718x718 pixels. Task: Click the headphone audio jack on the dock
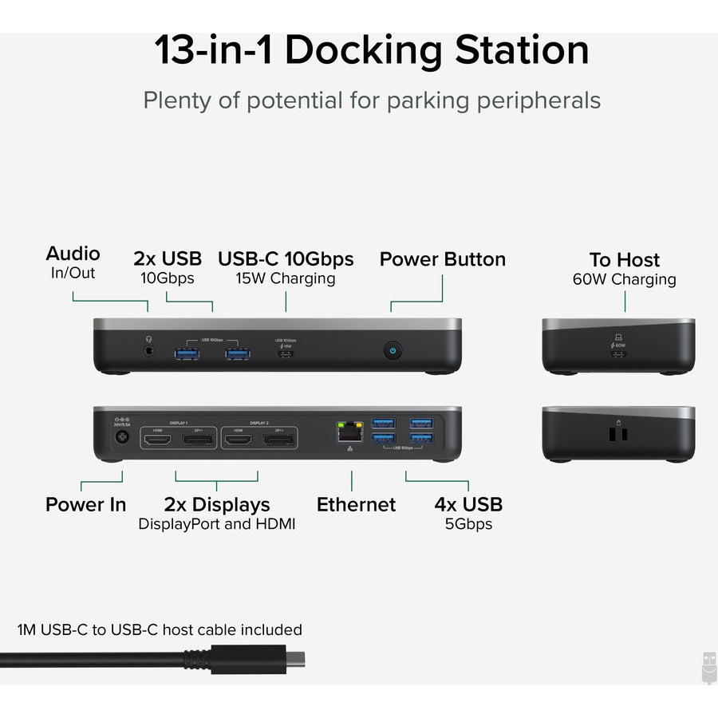148,349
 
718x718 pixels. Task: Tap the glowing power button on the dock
393,349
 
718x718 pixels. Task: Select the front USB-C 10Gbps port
286,351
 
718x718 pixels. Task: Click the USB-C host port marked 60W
618,352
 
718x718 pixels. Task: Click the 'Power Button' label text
442,259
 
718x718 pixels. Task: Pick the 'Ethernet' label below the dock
356,504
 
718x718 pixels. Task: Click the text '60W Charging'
624,279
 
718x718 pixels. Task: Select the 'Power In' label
85,504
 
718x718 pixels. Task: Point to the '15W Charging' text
286,278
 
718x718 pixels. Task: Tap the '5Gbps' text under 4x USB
468,524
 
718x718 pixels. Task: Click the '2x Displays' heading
217,504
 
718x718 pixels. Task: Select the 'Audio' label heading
73,254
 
